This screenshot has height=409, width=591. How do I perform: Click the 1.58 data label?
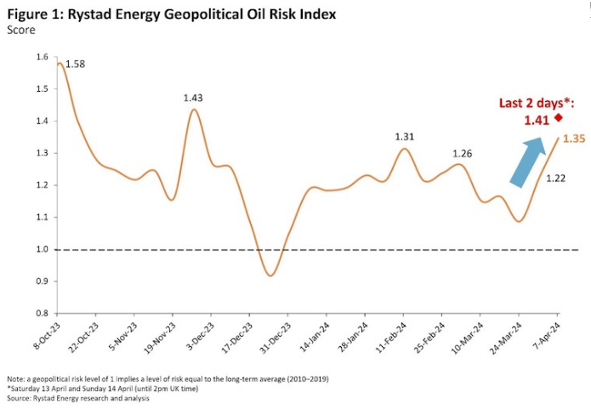[x=75, y=65]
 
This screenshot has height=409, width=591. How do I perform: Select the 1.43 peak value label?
[x=195, y=98]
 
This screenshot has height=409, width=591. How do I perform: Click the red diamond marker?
[x=559, y=118]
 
